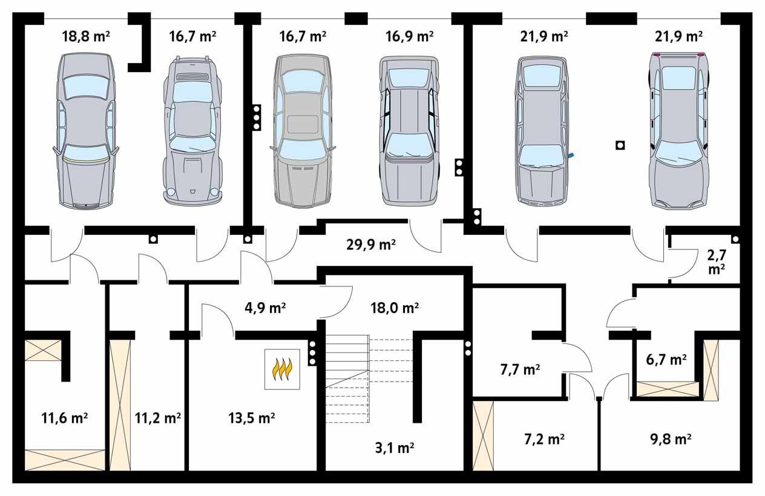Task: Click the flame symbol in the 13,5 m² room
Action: point(283,369)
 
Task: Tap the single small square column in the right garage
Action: point(619,145)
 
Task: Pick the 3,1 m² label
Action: point(393,448)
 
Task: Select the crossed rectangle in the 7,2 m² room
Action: point(483,435)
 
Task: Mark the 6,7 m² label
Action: point(666,359)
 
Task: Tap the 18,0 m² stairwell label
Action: point(395,308)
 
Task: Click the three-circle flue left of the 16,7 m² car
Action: point(256,116)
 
